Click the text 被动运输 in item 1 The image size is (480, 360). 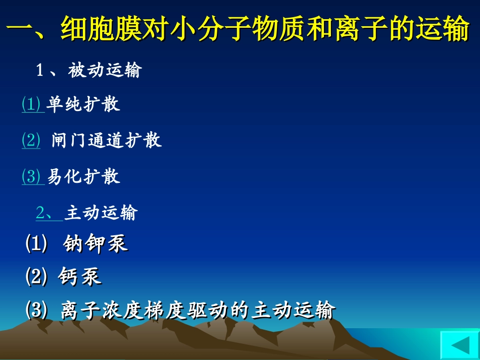coord(105,71)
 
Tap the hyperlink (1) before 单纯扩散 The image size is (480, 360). coord(31,104)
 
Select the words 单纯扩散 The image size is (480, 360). coord(83,104)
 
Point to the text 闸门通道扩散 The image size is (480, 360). coord(107,140)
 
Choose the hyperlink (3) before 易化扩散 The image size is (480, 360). coord(31,176)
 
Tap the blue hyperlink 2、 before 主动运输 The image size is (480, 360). coord(48,213)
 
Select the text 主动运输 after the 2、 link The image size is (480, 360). coord(101,213)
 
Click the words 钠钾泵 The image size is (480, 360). coord(95,244)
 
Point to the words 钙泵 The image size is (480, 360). coord(80,277)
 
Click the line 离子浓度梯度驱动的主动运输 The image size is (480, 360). coord(197,310)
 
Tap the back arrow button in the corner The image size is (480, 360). coord(459,346)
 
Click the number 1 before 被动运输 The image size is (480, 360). coord(40,71)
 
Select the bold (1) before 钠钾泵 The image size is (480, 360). coord(36,244)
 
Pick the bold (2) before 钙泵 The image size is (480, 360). coord(36,277)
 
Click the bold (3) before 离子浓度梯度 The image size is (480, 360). coord(36,310)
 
